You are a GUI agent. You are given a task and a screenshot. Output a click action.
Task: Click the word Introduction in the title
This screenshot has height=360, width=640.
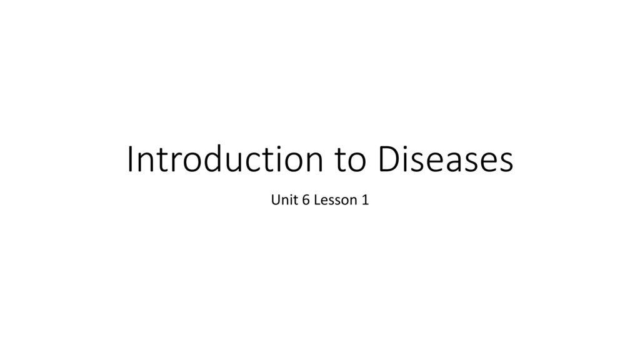pos(225,159)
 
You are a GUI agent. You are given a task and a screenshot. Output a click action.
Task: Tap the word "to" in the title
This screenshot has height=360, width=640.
pos(350,161)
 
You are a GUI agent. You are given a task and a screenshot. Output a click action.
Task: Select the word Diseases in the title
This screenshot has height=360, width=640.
pos(445,159)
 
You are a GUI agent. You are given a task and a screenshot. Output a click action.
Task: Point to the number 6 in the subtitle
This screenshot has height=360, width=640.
pos(306,200)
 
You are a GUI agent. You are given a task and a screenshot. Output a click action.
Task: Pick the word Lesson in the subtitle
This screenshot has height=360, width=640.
pos(336,200)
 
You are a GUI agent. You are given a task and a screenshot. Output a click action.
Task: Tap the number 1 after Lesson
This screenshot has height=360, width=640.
pos(365,200)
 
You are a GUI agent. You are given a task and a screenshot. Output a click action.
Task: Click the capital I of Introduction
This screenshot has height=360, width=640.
pos(130,159)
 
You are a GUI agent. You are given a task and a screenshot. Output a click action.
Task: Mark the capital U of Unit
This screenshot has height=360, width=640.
pos(276,200)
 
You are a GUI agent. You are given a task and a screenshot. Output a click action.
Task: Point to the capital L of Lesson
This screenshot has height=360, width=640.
pos(317,200)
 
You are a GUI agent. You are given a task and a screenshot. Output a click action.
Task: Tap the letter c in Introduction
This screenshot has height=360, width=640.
pos(261,163)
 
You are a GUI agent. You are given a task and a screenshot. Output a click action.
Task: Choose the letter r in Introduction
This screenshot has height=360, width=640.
pos(175,163)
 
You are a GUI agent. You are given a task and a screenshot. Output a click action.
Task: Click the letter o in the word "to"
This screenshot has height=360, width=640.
pos(357,163)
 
